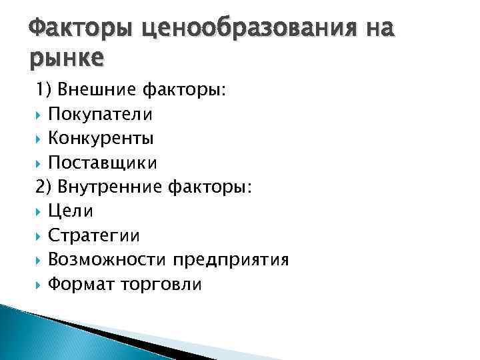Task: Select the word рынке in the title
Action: (67, 59)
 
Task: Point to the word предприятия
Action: (231, 259)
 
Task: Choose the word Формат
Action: (83, 283)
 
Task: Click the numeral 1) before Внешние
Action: (45, 90)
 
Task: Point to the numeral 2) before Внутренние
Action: (45, 187)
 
